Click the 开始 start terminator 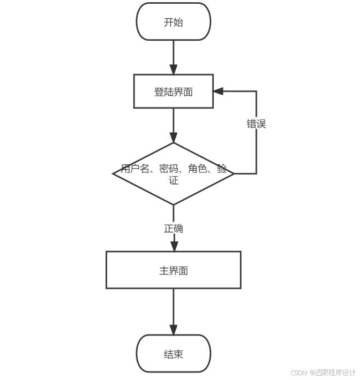click(x=174, y=22)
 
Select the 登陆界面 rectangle click(x=174, y=92)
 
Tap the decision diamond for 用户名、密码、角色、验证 click(x=174, y=173)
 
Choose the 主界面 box click(x=174, y=270)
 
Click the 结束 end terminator click(x=174, y=354)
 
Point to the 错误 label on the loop click(x=256, y=124)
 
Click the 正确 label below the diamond click(x=174, y=229)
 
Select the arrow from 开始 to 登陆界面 click(x=174, y=57)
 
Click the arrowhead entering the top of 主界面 click(x=174, y=246)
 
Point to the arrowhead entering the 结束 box click(x=174, y=330)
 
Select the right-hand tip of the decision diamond click(x=233, y=173)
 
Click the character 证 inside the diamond click(x=174, y=181)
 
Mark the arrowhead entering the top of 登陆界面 click(x=174, y=70)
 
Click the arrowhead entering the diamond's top click(x=174, y=138)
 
